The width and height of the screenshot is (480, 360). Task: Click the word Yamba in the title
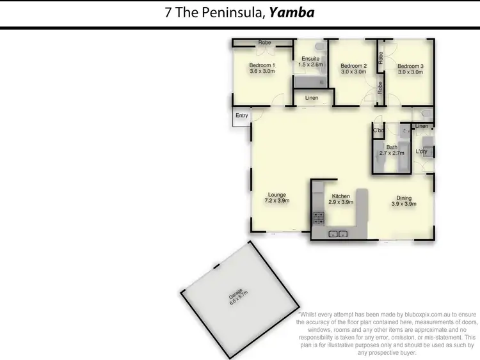pyautogui.click(x=292, y=12)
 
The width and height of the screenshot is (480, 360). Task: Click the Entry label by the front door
pyautogui.click(x=241, y=116)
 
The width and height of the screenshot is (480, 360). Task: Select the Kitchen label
pyautogui.click(x=340, y=198)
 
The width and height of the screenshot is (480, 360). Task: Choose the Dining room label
pyautogui.click(x=404, y=201)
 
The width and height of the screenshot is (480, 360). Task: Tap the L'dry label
pyautogui.click(x=421, y=152)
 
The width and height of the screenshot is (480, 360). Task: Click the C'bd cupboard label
pyautogui.click(x=378, y=131)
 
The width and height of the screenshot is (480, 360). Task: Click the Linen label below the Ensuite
pyautogui.click(x=312, y=98)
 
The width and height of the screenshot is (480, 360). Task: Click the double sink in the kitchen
pyautogui.click(x=339, y=233)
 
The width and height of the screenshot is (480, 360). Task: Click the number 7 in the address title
pyautogui.click(x=168, y=13)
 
